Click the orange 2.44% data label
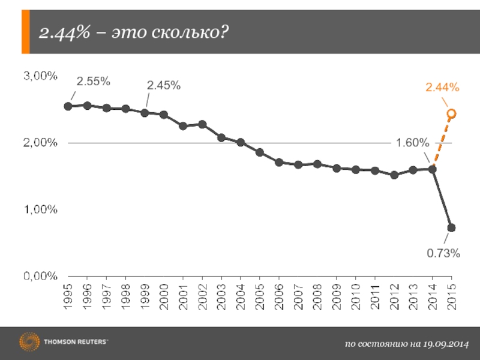click(x=443, y=88)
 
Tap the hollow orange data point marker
click(x=451, y=113)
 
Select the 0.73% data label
click(x=443, y=254)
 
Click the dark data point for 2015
click(x=451, y=227)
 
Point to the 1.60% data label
click(x=412, y=143)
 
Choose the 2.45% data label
click(x=164, y=86)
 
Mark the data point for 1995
click(x=68, y=106)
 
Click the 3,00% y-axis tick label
click(x=40, y=76)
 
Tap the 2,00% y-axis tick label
click(x=40, y=143)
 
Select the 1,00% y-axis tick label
click(x=40, y=209)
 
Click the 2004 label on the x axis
click(x=241, y=295)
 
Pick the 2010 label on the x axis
click(x=356, y=295)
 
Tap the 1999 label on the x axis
click(x=145, y=295)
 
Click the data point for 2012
click(x=394, y=175)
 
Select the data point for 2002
click(x=202, y=124)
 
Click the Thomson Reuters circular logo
click(x=29, y=343)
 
